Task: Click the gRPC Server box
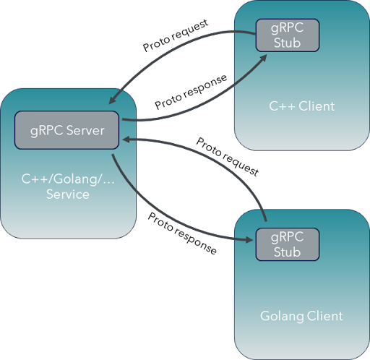pos(68,131)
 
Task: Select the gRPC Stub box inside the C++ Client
pos(287,35)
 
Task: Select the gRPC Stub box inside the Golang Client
pos(287,245)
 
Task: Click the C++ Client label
pos(301,106)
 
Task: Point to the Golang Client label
pos(301,316)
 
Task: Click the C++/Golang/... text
pos(68,179)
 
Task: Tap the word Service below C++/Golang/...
pos(68,194)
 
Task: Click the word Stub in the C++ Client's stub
pos(287,43)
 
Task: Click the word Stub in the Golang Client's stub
pos(287,252)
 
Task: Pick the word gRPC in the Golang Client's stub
pos(287,238)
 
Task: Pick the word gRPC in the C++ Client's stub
pos(287,28)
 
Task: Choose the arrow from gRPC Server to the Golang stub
pos(166,220)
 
